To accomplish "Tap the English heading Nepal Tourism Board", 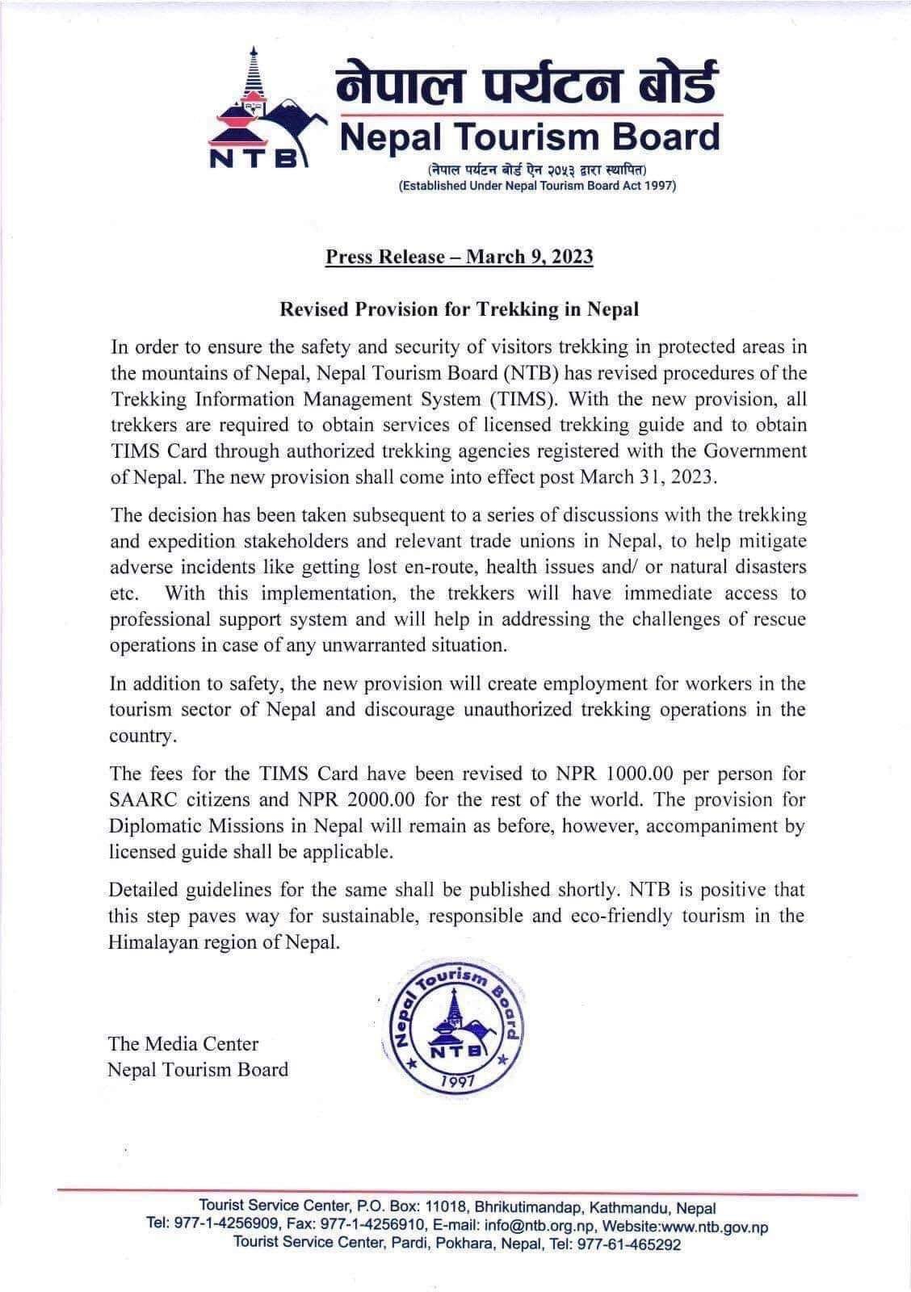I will pyautogui.click(x=529, y=137).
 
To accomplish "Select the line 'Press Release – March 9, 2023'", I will pyautogui.click(x=459, y=257).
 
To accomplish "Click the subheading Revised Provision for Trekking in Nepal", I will pyautogui.click(x=459, y=308).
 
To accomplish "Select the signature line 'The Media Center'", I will pyautogui.click(x=183, y=1043).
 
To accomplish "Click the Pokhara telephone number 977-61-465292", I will pyautogui.click(x=628, y=1244).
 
